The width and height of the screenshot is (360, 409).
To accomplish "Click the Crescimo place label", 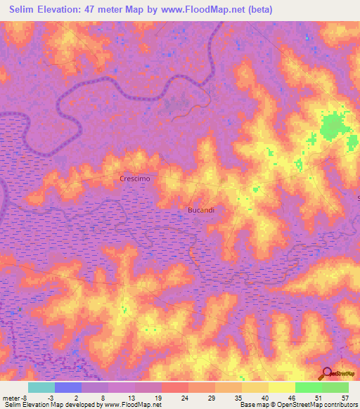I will [135, 179].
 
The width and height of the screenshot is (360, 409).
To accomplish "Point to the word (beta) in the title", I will [258, 10].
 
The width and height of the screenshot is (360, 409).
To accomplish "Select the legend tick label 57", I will [345, 397].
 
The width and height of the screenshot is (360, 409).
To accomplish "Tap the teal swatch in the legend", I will [41, 387].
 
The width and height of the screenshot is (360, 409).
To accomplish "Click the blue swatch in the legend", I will [68, 387].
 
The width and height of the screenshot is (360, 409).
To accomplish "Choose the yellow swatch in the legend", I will [281, 387].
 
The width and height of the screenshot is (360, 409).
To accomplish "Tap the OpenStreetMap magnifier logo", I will [327, 373].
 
